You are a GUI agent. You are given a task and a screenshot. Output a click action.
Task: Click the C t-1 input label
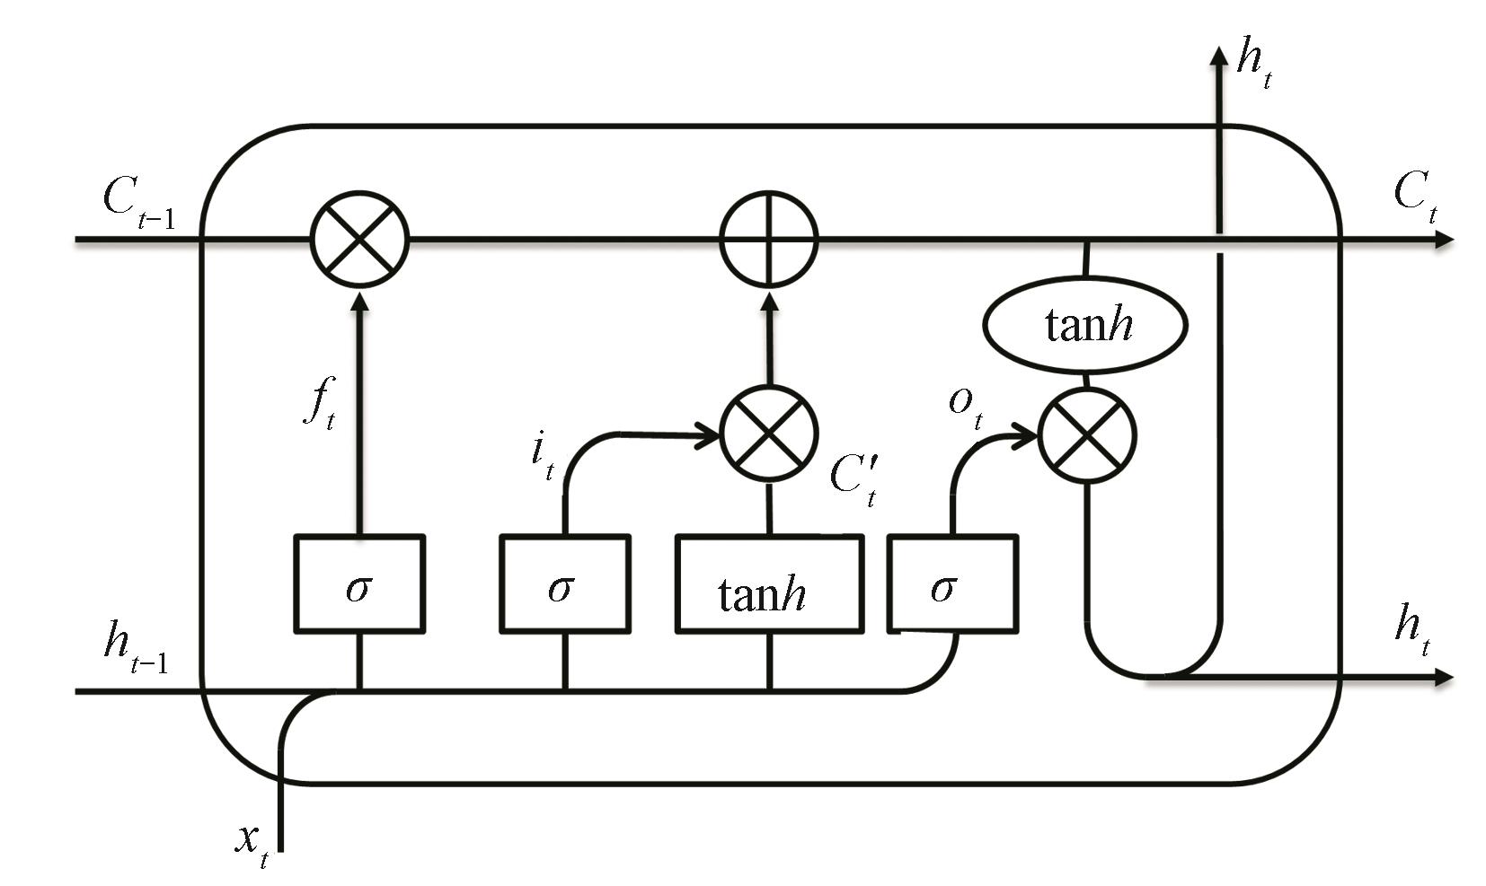tap(137, 202)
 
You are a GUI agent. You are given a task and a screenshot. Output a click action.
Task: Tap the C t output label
tap(1414, 195)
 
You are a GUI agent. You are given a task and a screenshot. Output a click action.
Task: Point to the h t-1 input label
tap(135, 648)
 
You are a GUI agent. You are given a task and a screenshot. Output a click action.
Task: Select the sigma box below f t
tap(359, 583)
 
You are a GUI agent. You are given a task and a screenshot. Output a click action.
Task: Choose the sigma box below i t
tap(564, 583)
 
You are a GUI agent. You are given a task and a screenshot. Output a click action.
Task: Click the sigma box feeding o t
tap(952, 583)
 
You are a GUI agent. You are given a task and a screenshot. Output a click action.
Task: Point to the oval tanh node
tap(1086, 324)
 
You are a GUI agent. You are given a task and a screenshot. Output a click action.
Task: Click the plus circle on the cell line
tap(769, 240)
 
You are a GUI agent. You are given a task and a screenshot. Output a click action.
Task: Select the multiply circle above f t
tap(359, 240)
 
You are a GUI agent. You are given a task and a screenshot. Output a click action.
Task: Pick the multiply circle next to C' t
tap(769, 434)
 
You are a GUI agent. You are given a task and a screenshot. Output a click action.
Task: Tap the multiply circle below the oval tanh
tap(1087, 437)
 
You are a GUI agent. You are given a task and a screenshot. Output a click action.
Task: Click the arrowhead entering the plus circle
tap(769, 301)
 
